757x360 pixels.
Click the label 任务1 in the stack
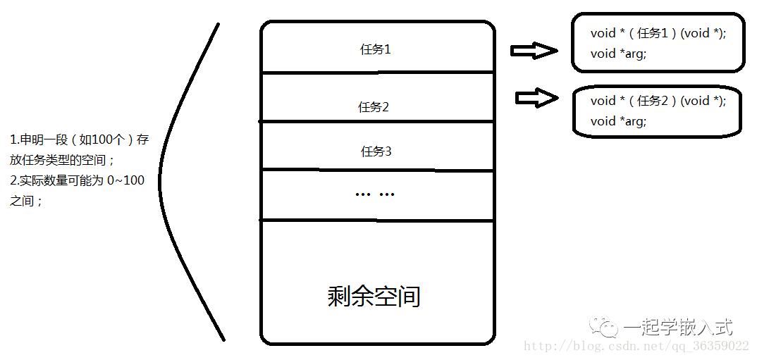click(x=375, y=49)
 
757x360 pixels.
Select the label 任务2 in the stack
click(x=373, y=106)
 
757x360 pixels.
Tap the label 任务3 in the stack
click(x=376, y=151)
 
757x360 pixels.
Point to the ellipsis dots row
click(x=375, y=194)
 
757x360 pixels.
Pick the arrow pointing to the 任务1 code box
click(x=534, y=50)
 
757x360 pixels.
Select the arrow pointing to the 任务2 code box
click(x=537, y=97)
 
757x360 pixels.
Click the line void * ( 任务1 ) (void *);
click(x=658, y=33)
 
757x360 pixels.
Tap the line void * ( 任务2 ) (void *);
click(x=658, y=101)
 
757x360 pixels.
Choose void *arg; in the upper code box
click(x=618, y=54)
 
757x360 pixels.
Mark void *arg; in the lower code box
click(x=618, y=121)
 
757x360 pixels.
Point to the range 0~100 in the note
click(x=125, y=181)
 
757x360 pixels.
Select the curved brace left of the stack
click(x=159, y=181)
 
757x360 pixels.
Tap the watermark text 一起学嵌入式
click(x=678, y=328)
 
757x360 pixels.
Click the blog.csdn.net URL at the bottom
click(x=636, y=346)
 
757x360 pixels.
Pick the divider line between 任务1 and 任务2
click(x=377, y=73)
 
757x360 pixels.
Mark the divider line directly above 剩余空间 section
click(x=377, y=221)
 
